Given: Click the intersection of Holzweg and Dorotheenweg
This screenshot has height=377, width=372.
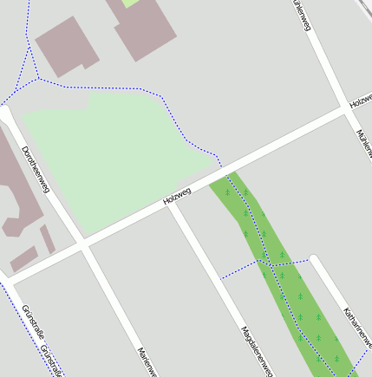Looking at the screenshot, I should [x=84, y=245].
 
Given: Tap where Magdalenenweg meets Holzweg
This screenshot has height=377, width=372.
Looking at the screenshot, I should [x=173, y=206].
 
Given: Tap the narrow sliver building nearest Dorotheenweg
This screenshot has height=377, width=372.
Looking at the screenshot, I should [x=48, y=237].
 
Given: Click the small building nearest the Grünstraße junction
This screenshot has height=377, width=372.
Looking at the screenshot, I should [x=23, y=258].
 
